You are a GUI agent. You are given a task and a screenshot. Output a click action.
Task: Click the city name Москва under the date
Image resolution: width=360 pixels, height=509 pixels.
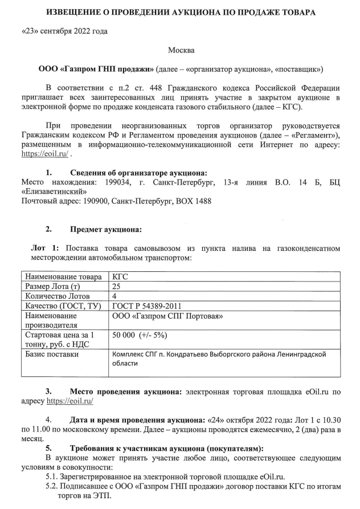(181, 50)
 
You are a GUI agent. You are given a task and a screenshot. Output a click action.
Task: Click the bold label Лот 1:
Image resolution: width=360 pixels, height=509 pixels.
(44, 249)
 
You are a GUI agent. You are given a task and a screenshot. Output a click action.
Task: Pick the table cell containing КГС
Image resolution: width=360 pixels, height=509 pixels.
(120, 276)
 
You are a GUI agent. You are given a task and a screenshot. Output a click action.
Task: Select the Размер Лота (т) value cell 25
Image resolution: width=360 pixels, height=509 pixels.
(117, 286)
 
